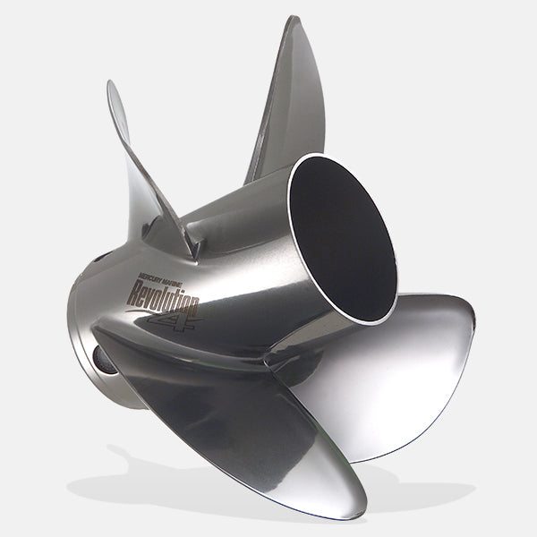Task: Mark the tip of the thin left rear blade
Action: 111,85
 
